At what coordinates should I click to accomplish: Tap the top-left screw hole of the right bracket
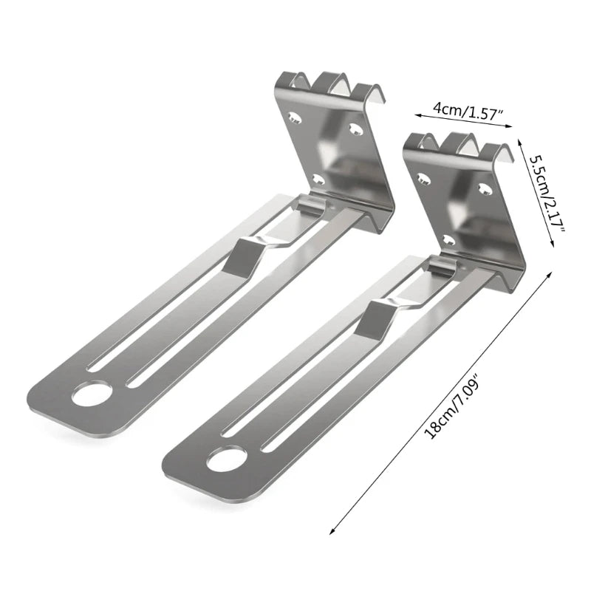424,177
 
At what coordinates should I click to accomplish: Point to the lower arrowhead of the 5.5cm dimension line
553,245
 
